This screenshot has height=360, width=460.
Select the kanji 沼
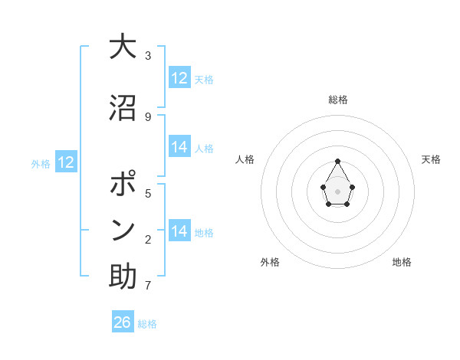[x=123, y=108]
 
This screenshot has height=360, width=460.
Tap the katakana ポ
[x=123, y=186]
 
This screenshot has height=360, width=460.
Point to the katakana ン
[x=123, y=230]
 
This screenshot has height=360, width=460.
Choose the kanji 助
[x=123, y=276]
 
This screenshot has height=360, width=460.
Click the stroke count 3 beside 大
[x=148, y=56]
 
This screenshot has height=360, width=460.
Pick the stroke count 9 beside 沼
[x=148, y=116]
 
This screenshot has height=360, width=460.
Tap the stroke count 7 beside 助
[x=148, y=286]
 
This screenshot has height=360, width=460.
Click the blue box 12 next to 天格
[x=179, y=78]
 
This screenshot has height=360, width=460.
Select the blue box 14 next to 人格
[x=179, y=147]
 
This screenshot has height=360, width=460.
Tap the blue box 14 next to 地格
[x=179, y=231]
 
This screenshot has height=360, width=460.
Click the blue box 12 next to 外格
[x=66, y=162]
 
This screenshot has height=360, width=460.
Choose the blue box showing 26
[x=123, y=322]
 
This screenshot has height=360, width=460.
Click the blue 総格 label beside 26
[x=147, y=324]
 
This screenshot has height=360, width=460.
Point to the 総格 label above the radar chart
[x=338, y=100]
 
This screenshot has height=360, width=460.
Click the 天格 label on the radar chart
[x=431, y=159]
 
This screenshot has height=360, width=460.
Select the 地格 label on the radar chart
[x=402, y=262]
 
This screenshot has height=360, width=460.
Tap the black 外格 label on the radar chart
[x=270, y=262]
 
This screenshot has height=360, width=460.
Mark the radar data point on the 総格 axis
[x=338, y=161]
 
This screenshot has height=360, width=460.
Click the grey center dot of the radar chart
[x=338, y=190]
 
